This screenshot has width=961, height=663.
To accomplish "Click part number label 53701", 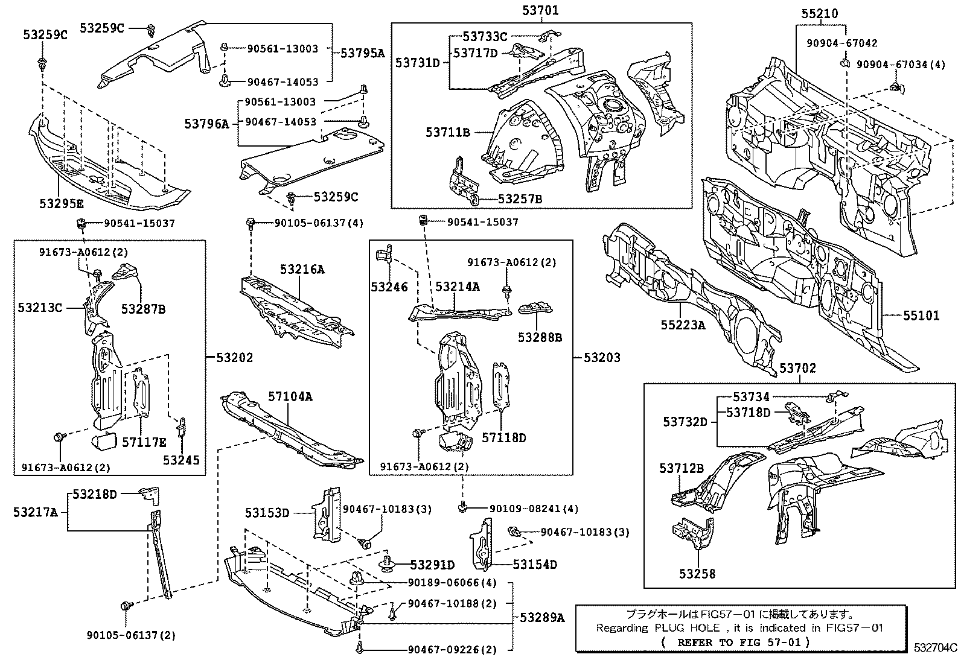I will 541,10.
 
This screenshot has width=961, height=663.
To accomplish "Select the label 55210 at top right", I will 820,13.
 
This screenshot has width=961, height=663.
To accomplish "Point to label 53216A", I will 302,270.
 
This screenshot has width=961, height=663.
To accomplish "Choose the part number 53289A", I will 542,617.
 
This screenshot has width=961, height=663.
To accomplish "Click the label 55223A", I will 682,325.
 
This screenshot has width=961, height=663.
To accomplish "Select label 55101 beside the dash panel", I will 921,316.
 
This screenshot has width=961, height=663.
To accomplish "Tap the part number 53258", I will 697,574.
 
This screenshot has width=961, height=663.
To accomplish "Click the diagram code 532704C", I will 934,649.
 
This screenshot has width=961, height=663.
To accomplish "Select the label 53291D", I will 432,565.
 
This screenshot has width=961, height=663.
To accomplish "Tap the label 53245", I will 181,460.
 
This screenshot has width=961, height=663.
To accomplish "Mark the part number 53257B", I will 520,199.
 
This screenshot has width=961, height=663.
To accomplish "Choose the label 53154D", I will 535,565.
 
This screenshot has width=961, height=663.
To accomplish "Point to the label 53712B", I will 682,468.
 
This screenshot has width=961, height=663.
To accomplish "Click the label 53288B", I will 540,337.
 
